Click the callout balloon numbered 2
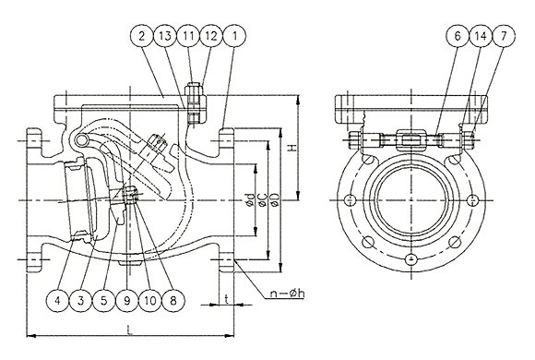click(x=142, y=36)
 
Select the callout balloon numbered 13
click(x=165, y=36)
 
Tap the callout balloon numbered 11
click(x=188, y=36)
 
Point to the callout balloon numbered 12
click(x=211, y=36)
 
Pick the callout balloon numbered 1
click(x=234, y=36)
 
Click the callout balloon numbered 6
click(x=458, y=36)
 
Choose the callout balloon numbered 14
click(x=481, y=36)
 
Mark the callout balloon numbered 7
click(x=504, y=36)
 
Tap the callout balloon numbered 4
click(x=58, y=301)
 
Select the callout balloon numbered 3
click(x=81, y=301)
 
